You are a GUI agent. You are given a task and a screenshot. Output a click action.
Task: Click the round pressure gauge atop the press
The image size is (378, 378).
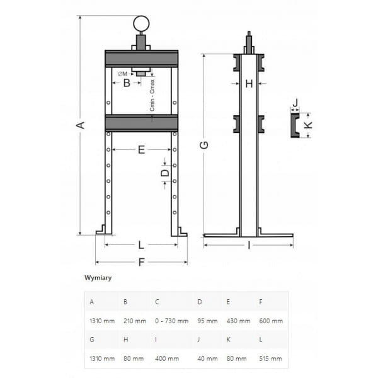tap(141, 24)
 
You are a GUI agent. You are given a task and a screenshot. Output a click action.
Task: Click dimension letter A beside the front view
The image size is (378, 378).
tap(81, 125)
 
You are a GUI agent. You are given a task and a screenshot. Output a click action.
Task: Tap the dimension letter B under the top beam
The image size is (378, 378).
tap(127, 83)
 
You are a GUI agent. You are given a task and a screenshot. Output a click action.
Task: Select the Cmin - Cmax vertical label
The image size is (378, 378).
tap(152, 96)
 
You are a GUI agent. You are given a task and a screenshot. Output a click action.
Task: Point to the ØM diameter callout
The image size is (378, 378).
tap(123, 74)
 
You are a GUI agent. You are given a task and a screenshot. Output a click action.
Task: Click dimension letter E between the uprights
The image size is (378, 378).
tap(142, 150)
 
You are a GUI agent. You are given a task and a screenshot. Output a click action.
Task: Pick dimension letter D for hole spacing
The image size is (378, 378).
tap(165, 173)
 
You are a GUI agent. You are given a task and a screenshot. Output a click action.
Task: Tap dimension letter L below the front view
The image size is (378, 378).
tap(141, 245)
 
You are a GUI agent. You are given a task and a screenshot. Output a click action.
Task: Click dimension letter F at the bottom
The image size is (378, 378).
tap(141, 262)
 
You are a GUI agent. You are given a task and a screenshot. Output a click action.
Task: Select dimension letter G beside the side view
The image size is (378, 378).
tap(204, 145)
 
